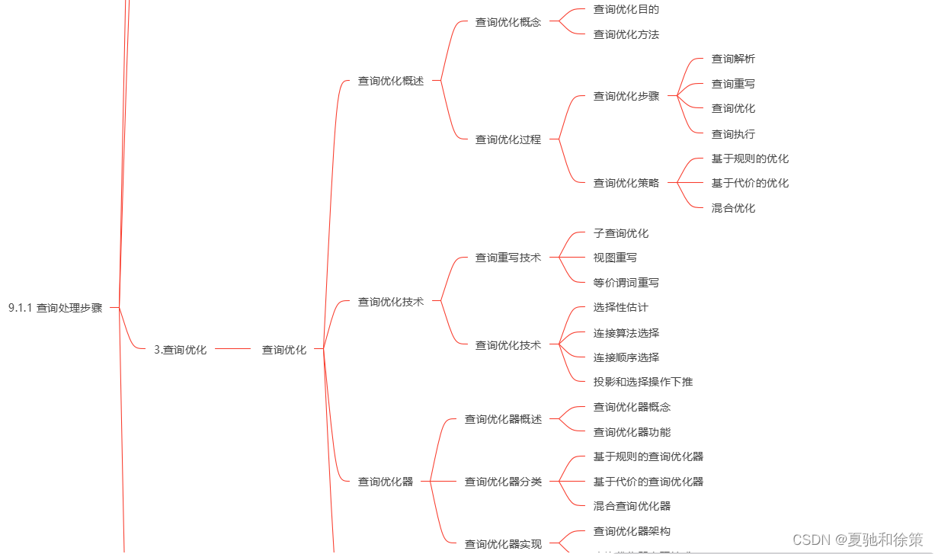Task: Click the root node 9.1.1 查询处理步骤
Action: coord(56,308)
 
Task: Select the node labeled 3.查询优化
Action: coord(180,350)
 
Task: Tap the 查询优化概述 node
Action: coord(390,81)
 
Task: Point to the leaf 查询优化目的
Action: coord(626,10)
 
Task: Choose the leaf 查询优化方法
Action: coord(626,34)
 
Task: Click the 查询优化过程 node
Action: coord(508,139)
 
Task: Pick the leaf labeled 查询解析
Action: coord(733,59)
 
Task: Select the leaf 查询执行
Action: coord(733,134)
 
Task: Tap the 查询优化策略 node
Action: coord(626,183)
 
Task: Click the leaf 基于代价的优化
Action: coord(750,183)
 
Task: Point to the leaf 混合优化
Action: coord(733,208)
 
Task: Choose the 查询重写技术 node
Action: coord(508,258)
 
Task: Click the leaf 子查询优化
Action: coord(620,233)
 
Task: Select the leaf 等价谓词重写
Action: coord(626,283)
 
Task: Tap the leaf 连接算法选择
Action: coord(626,333)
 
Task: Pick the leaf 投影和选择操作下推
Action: coord(642,382)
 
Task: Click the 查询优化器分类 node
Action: coord(503,482)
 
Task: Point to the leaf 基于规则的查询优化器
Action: coord(648,456)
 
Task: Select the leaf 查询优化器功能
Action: coord(632,432)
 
